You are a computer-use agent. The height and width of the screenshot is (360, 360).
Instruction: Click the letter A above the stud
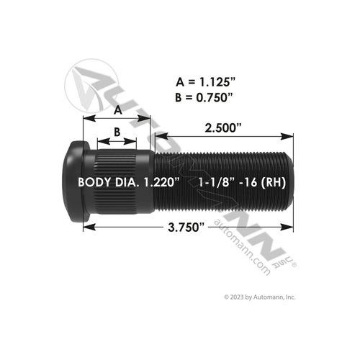pos(118,109)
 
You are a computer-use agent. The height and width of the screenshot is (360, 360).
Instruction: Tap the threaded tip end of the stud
pos(289,182)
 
